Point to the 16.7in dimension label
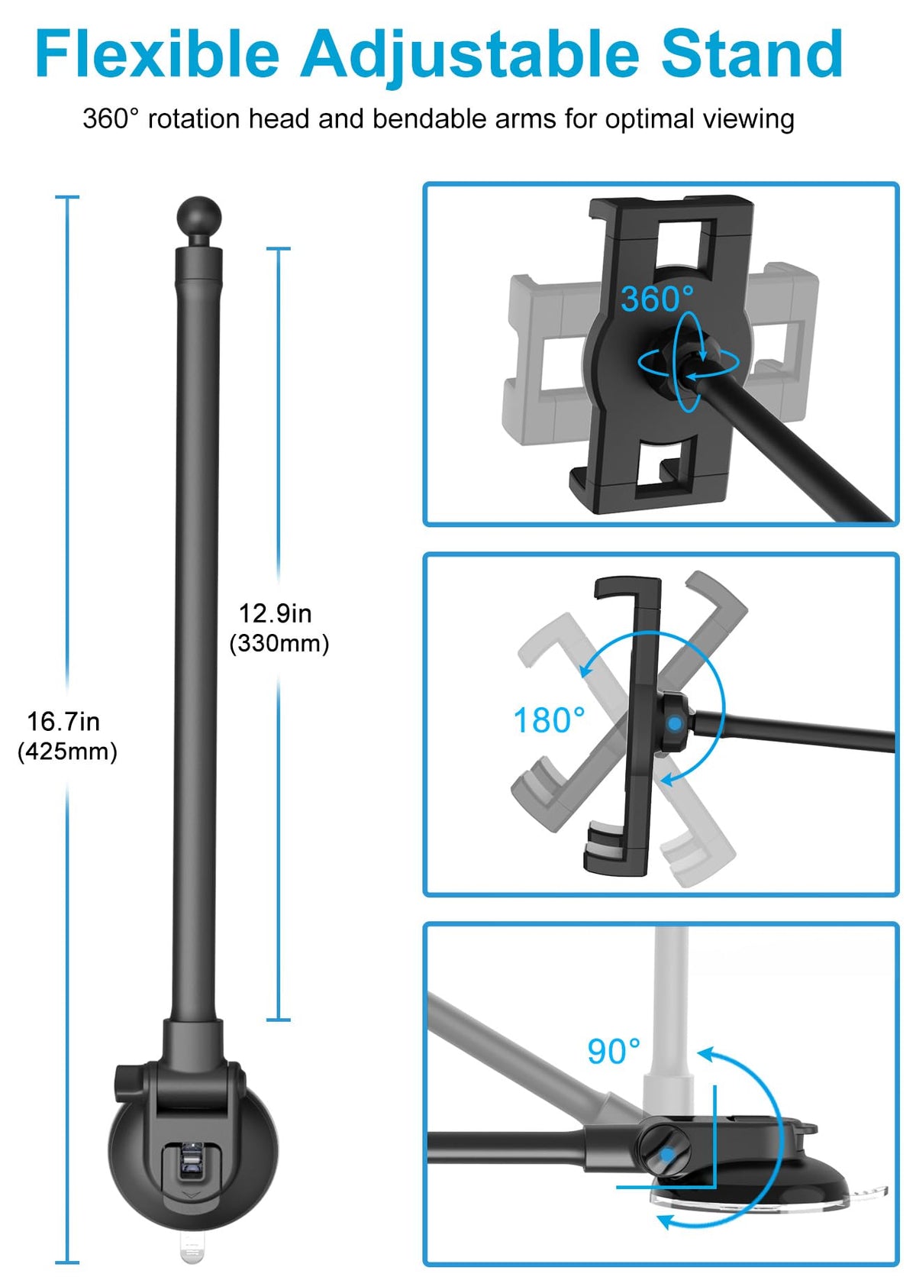click(63, 722)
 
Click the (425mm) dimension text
click(67, 752)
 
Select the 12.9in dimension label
click(275, 613)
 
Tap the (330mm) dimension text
click(279, 644)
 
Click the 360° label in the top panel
click(657, 298)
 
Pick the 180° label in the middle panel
click(549, 720)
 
